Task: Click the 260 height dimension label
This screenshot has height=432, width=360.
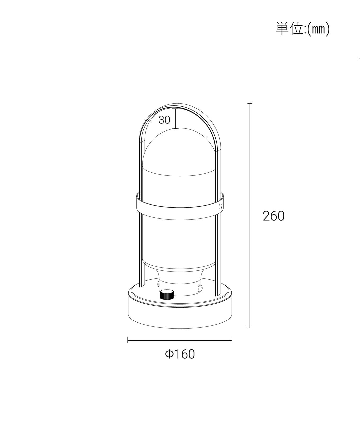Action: tap(274, 216)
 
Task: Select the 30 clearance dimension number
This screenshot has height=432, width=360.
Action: tap(164, 120)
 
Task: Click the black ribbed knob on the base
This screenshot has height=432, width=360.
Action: tap(167, 294)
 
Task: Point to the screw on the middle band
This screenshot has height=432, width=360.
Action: tap(221, 206)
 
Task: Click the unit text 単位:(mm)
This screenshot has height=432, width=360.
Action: tap(302, 29)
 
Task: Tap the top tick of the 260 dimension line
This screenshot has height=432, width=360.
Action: tap(250, 103)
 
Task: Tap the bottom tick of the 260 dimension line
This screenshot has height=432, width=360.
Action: tap(250, 328)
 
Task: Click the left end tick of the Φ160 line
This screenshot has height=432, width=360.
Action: tap(128, 340)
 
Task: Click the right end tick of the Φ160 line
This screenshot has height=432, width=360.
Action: tap(232, 340)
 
